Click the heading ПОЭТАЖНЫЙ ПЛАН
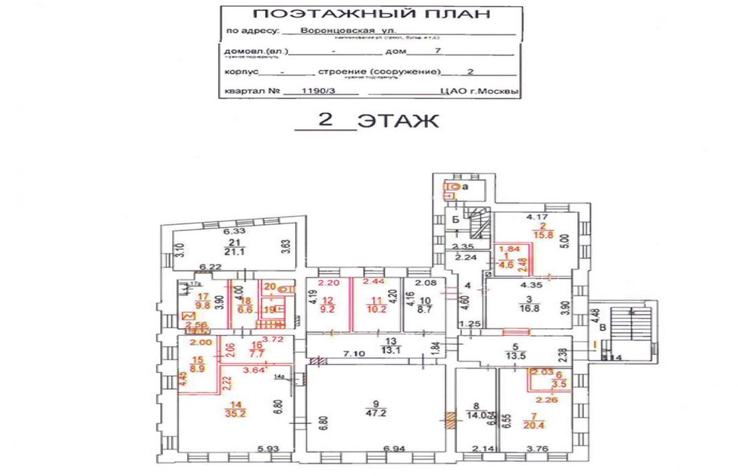(371, 14)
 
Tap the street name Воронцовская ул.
(339, 30)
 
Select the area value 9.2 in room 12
(327, 308)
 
